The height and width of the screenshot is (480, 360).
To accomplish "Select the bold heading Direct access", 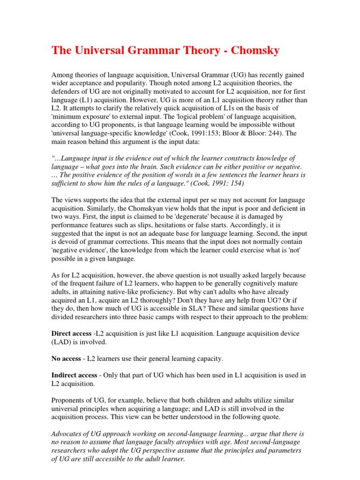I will point(71,333).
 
